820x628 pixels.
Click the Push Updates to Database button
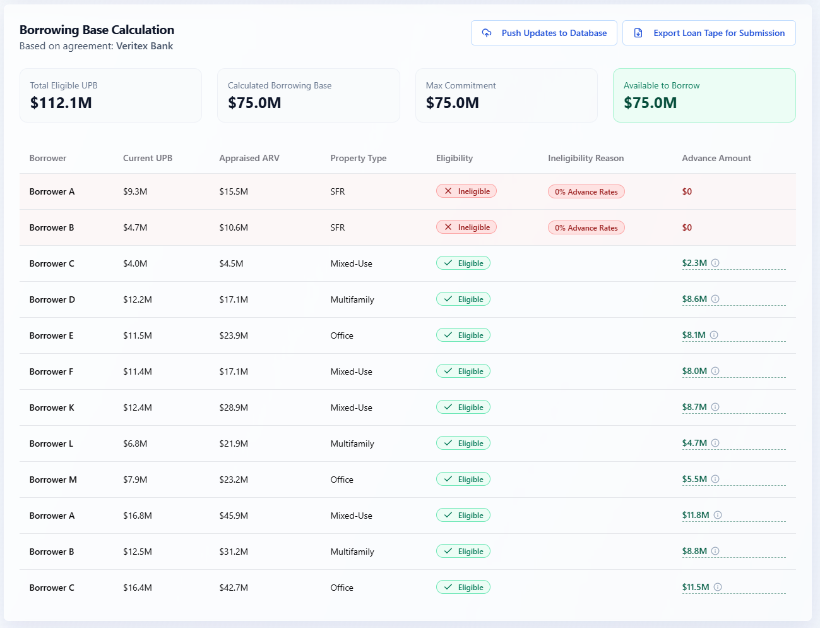pyautogui.click(x=544, y=33)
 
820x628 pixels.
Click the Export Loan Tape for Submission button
pyautogui.click(x=709, y=33)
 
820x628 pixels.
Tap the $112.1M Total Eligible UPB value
pyautogui.click(x=61, y=103)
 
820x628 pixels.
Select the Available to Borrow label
pyautogui.click(x=662, y=85)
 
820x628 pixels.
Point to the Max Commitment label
pyautogui.click(x=461, y=85)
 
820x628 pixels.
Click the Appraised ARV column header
pyautogui.click(x=249, y=158)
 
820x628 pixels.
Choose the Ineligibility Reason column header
pyautogui.click(x=586, y=158)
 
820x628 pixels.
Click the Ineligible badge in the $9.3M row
pyautogui.click(x=466, y=191)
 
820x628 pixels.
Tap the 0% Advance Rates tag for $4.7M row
pyautogui.click(x=586, y=228)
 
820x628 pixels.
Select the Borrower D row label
pyautogui.click(x=52, y=299)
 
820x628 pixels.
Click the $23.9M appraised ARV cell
pyautogui.click(x=234, y=335)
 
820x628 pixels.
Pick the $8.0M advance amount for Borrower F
pyautogui.click(x=694, y=371)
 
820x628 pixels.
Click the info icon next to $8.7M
pyautogui.click(x=715, y=408)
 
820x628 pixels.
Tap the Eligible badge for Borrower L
pyautogui.click(x=463, y=444)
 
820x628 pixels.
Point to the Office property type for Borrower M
pyautogui.click(x=342, y=480)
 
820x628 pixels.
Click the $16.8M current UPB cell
pyautogui.click(x=138, y=516)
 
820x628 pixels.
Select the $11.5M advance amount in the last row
pyautogui.click(x=696, y=588)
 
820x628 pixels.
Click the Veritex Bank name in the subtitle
pyautogui.click(x=145, y=46)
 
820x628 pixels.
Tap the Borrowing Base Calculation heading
pyautogui.click(x=97, y=30)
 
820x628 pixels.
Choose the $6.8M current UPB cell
pyautogui.click(x=135, y=444)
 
